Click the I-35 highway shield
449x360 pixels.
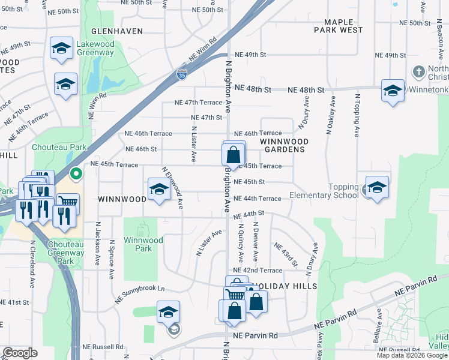(181, 74)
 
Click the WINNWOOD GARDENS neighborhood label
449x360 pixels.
(285, 145)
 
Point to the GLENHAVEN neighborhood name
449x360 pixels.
(117, 31)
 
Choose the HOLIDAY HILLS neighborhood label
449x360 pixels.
(284, 286)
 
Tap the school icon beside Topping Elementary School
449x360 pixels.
(376, 187)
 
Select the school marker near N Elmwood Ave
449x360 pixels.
(158, 190)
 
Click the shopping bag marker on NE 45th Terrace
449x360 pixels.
(234, 154)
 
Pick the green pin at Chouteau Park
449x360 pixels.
(76, 175)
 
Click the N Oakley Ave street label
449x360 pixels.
(329, 114)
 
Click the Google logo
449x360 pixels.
(20, 353)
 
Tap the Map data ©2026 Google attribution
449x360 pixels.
(412, 355)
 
